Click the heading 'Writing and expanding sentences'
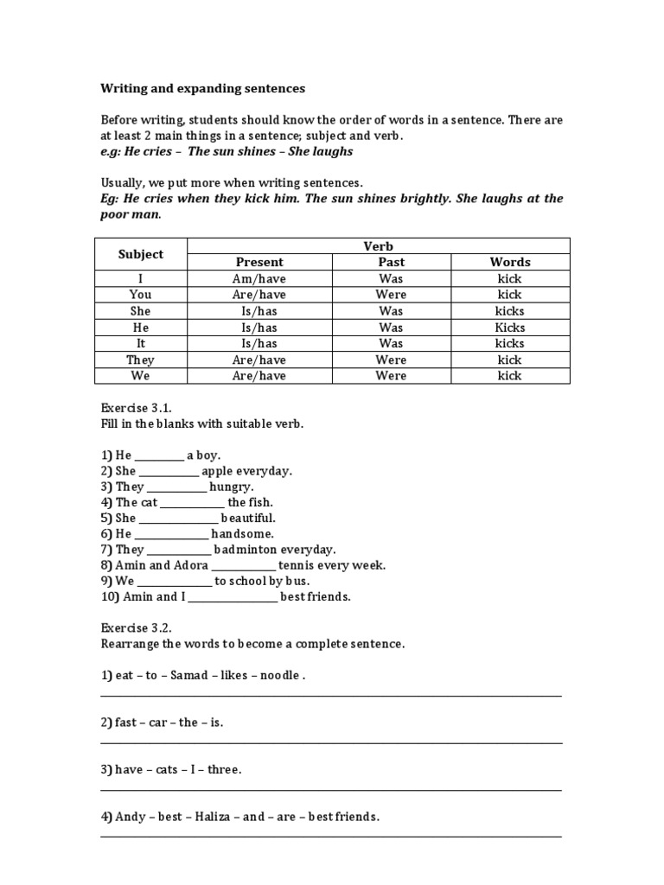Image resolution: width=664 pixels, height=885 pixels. (x=203, y=88)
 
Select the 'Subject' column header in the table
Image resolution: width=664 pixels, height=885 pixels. (x=141, y=254)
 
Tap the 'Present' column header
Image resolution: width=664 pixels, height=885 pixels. (x=259, y=262)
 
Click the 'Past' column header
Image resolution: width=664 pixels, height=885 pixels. (x=391, y=262)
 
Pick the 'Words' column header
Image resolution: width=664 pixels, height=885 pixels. (x=509, y=262)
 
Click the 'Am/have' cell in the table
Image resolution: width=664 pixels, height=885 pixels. (x=259, y=278)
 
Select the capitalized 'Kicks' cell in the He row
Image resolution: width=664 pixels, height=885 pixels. (x=509, y=328)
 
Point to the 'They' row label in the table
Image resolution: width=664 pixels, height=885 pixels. (x=141, y=360)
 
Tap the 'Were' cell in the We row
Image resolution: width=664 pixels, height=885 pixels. (x=391, y=376)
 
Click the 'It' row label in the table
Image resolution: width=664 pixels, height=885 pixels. (x=141, y=343)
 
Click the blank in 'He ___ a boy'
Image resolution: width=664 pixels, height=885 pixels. (x=159, y=456)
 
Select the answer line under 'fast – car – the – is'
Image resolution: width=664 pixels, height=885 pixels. (x=331, y=742)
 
